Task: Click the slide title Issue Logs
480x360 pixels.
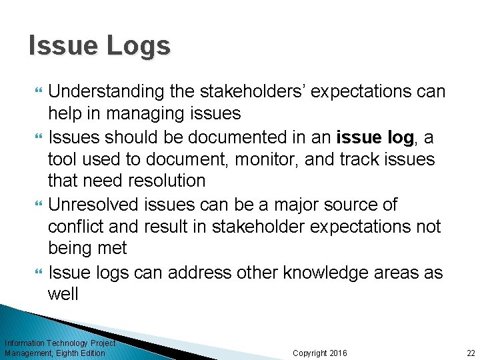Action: click(99, 46)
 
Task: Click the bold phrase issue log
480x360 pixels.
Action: click(376, 137)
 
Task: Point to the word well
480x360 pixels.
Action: click(63, 294)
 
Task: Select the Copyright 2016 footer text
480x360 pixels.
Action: click(319, 353)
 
